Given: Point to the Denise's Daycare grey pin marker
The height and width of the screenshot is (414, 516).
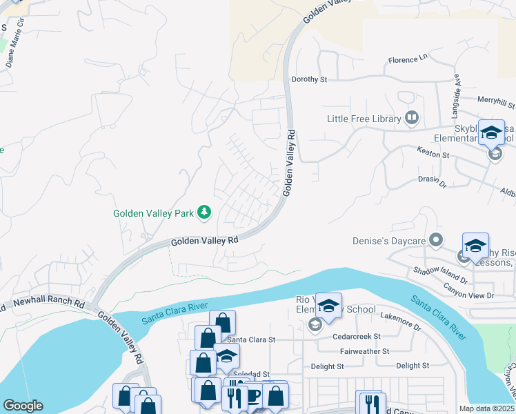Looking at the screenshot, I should [435, 240].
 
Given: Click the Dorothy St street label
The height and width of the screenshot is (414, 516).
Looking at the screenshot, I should [309, 79].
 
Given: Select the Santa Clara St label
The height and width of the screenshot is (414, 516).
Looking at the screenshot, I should [251, 339].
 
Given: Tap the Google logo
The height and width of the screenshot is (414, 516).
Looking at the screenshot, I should [23, 405].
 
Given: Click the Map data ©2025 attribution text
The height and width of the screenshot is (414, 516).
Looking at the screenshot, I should [487, 408].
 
